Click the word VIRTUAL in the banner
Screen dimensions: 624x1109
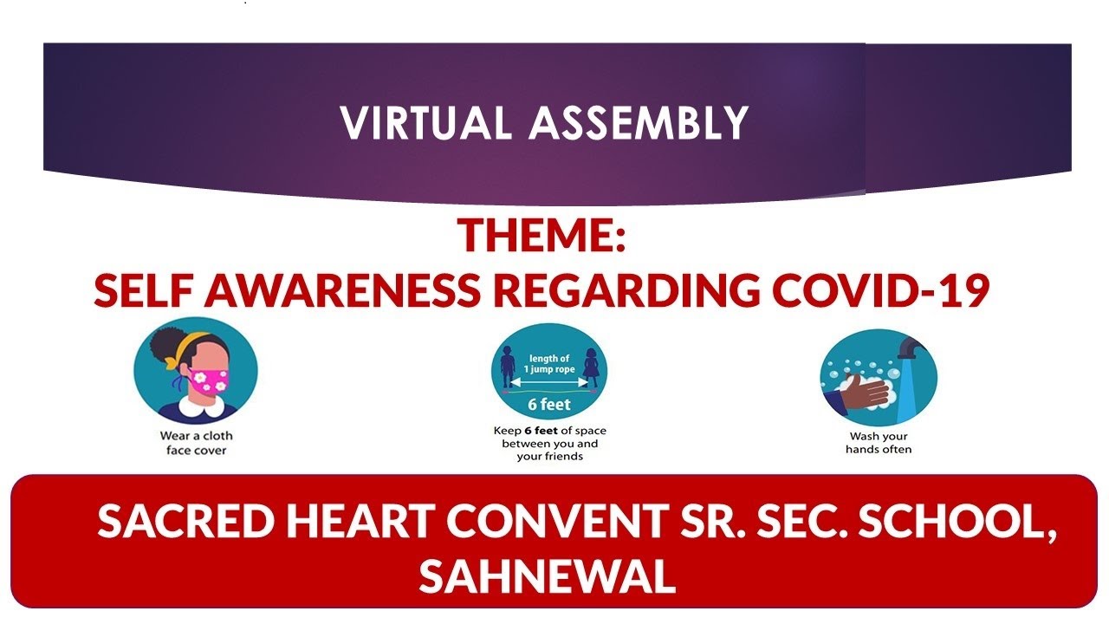pyautogui.click(x=426, y=122)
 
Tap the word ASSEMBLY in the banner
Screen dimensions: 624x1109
pyautogui.click(x=639, y=122)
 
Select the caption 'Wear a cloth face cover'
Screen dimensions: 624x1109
pyautogui.click(x=196, y=443)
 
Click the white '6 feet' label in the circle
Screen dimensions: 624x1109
pyautogui.click(x=549, y=404)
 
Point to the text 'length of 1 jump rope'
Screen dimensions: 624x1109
pyautogui.click(x=549, y=363)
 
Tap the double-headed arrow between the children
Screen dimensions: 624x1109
pyautogui.click(x=549, y=380)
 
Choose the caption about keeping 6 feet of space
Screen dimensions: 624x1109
pyautogui.click(x=550, y=443)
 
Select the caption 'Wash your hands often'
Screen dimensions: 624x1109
pyautogui.click(x=879, y=443)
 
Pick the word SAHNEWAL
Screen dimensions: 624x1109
pyautogui.click(x=547, y=575)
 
